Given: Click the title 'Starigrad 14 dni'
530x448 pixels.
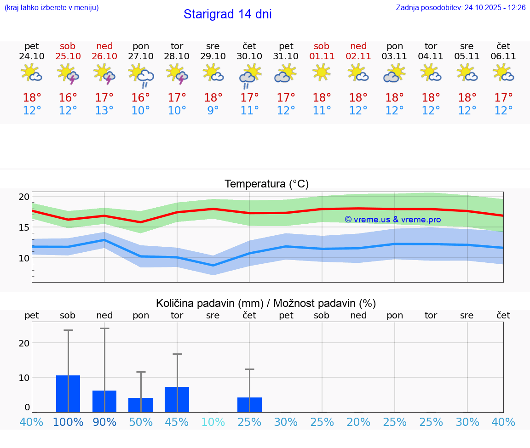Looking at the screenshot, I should pyautogui.click(x=227, y=14).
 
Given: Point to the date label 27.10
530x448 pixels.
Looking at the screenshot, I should pyautogui.click(x=141, y=57).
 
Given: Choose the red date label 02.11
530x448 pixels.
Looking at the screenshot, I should pyautogui.click(x=358, y=57).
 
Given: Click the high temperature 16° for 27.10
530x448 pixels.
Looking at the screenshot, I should pyautogui.click(x=141, y=98).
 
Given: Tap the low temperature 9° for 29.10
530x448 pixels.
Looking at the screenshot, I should pyautogui.click(x=213, y=111).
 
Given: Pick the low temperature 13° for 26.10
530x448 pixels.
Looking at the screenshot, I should pyautogui.click(x=104, y=111).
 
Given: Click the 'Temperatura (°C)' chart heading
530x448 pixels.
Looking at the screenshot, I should pyautogui.click(x=266, y=184).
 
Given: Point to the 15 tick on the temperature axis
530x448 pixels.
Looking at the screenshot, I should pyautogui.click(x=24, y=227).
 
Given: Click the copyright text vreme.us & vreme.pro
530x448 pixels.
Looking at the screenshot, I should pyautogui.click(x=393, y=220).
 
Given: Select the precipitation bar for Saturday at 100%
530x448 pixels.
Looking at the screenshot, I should pyautogui.click(x=68, y=394).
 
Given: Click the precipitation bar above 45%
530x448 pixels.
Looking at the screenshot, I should pyautogui.click(x=177, y=399).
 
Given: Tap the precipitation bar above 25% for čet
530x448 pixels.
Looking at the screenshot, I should pyautogui.click(x=249, y=405).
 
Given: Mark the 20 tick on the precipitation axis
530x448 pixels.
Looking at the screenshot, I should pyautogui.click(x=24, y=343).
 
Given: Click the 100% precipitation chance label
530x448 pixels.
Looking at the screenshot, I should pyautogui.click(x=68, y=422).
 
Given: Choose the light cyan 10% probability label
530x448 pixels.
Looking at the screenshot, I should pyautogui.click(x=213, y=422).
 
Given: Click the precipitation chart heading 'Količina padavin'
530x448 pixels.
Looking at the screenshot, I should pyautogui.click(x=266, y=303).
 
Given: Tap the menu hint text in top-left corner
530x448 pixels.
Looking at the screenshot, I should pyautogui.click(x=52, y=8).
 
